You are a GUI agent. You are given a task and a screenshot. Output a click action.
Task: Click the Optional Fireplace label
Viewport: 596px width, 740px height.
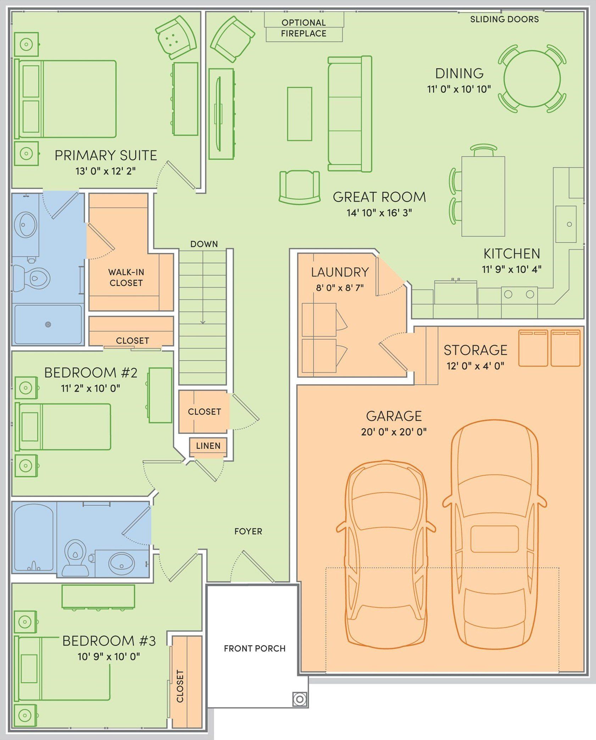(x=303, y=28)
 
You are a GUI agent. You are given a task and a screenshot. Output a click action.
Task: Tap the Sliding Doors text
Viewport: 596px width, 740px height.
(x=504, y=19)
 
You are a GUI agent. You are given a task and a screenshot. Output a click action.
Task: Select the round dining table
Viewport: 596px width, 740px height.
(x=532, y=79)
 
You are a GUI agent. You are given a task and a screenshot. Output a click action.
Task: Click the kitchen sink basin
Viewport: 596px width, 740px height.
(x=566, y=224)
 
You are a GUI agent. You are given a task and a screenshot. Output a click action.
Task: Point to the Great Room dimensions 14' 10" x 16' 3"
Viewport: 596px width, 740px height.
(x=379, y=213)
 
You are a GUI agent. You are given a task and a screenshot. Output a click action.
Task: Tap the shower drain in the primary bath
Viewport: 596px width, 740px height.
(x=48, y=324)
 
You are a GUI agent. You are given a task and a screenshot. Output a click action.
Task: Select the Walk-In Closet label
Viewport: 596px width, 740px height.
(x=126, y=277)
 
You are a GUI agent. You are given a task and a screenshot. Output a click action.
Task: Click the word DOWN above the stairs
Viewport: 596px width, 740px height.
(x=204, y=244)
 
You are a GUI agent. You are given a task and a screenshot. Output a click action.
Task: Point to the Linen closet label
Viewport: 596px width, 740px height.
(x=208, y=446)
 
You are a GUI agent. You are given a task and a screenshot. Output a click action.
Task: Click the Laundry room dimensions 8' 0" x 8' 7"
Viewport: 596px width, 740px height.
(x=340, y=287)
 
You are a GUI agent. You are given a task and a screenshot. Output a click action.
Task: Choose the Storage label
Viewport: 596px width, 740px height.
(x=475, y=350)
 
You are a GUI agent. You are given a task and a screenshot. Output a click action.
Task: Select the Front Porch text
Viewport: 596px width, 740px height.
(x=255, y=648)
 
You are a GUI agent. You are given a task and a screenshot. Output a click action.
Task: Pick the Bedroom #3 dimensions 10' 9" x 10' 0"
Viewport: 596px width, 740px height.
(x=109, y=657)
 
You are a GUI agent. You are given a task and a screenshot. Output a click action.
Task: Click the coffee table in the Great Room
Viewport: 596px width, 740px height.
(x=299, y=114)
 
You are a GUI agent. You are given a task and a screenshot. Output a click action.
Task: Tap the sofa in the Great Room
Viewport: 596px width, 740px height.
(x=349, y=114)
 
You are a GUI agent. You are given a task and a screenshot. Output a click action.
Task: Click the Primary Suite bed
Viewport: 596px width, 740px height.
(x=67, y=99)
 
